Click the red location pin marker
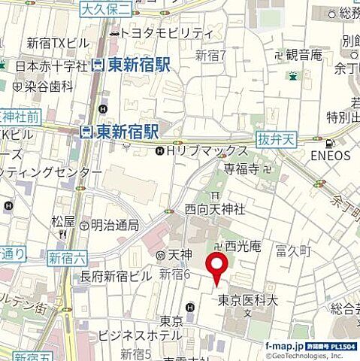click(x=217, y=268)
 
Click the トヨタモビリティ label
click(x=166, y=33)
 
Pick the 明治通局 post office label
click(x=113, y=225)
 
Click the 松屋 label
click(x=63, y=221)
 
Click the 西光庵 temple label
click(x=238, y=246)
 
